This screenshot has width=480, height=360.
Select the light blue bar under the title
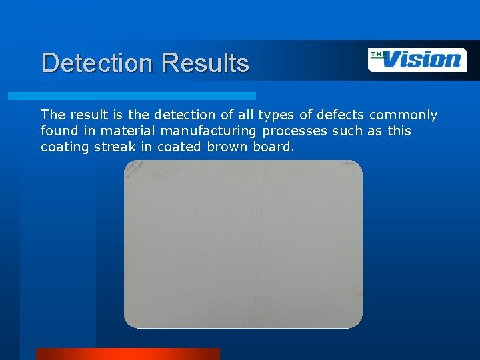tap(131, 96)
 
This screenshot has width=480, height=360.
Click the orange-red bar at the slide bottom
tap(127, 353)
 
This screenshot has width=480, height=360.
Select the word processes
tap(293, 131)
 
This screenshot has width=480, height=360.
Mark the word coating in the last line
tap(65, 147)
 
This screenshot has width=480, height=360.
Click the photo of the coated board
tap(243, 244)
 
